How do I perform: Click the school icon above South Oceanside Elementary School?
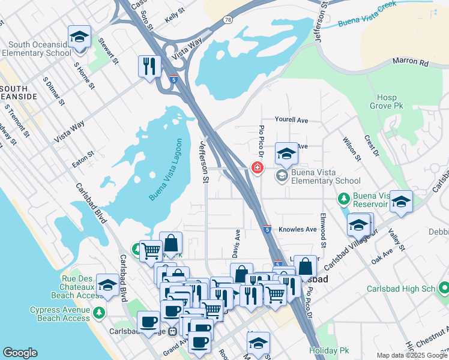click(x=79, y=37)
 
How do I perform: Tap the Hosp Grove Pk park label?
click(x=387, y=103)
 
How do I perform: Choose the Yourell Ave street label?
click(x=291, y=120)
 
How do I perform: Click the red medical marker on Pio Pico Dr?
click(x=257, y=167)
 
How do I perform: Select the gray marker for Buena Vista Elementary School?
click(x=282, y=176)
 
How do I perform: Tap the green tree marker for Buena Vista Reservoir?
click(x=343, y=197)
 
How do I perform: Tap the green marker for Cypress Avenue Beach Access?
click(x=98, y=313)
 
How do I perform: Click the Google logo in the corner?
click(x=20, y=353)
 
